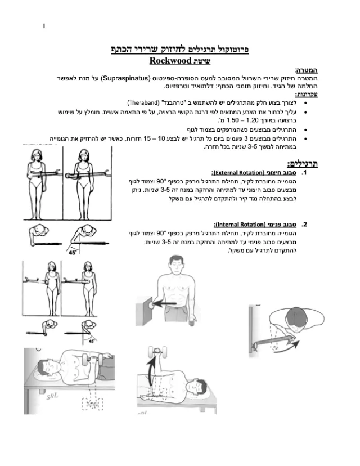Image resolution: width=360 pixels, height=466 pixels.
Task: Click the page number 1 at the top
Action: coord(44,26)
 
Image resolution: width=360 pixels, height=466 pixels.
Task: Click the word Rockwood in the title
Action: coord(170,61)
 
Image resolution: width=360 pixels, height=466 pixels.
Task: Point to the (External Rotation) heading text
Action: coord(238,173)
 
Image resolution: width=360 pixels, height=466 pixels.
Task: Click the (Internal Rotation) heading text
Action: coord(240,225)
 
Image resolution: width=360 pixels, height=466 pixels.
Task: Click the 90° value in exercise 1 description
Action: coord(160,181)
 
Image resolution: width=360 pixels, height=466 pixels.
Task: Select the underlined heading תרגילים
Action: coord(303,163)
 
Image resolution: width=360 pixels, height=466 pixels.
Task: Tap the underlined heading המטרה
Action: coord(306,70)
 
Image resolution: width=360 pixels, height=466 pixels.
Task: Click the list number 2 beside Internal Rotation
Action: coord(304,225)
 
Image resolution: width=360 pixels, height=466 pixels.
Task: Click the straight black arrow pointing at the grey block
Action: coord(165,304)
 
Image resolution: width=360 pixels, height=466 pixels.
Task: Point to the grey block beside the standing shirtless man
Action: coord(144,311)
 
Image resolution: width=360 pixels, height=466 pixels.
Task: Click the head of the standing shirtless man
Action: coord(177,265)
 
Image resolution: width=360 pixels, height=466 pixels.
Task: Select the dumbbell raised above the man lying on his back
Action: coord(157,352)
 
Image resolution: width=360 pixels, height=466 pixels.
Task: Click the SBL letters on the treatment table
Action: coord(52,396)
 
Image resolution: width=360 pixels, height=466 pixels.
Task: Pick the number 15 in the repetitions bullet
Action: coord(147,139)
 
